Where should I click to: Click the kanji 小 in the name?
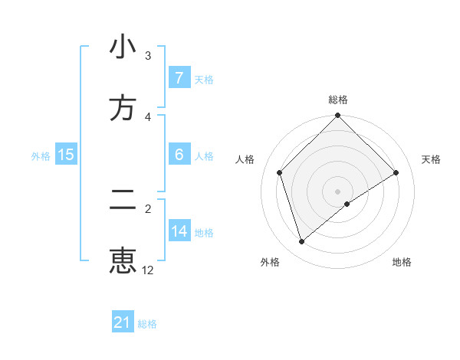123,47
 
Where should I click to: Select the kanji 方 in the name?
123,108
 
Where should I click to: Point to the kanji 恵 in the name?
123,260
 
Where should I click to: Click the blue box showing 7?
179,78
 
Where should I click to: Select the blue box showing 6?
179,155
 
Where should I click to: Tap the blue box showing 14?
179,231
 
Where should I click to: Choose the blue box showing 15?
66,155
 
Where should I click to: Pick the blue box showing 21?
122,322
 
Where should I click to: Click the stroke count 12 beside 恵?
148,270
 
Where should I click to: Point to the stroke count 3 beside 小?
148,56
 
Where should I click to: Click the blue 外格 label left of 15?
41,155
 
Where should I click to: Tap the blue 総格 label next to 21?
147,324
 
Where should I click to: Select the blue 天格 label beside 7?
204,79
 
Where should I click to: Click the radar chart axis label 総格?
338,100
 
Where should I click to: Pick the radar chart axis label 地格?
402,262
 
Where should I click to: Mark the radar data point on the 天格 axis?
396,173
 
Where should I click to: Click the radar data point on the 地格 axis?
347,204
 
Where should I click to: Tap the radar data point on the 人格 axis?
280,172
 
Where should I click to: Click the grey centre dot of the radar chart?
338,191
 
